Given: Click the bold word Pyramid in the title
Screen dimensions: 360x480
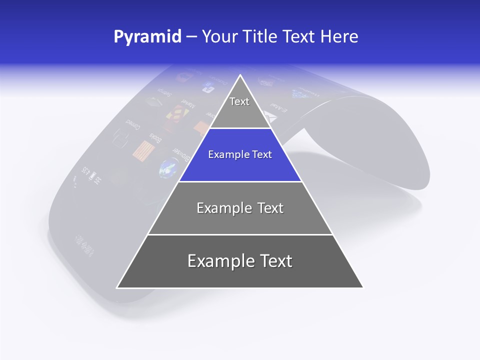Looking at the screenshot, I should point(147,36).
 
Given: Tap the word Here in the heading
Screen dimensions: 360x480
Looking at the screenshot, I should point(339,36).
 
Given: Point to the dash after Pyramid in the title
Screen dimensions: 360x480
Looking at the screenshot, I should point(191,37).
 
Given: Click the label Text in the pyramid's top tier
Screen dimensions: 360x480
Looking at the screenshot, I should point(239,101).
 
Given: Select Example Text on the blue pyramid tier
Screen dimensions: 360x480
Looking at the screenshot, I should point(240,154).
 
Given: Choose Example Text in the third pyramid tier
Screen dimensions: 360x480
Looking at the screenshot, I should point(240,208).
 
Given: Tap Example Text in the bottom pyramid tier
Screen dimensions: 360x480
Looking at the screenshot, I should point(240,261).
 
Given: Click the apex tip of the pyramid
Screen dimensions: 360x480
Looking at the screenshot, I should point(240,75).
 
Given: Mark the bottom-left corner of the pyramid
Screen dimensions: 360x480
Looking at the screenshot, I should point(117,287).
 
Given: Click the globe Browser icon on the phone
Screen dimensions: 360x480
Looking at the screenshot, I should point(166,169).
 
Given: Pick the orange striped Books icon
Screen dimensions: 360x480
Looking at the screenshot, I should point(144,150).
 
